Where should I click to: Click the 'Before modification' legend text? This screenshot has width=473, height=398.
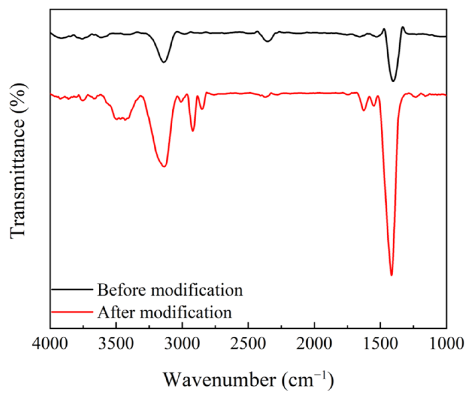(170, 290)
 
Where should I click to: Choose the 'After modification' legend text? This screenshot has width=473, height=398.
(165, 312)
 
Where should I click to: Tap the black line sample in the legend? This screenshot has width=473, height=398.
(72, 290)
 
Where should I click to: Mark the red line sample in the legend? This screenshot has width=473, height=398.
(72, 312)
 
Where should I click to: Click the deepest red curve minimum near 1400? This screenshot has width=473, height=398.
(391, 275)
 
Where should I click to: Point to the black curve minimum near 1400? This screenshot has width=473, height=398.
(393, 81)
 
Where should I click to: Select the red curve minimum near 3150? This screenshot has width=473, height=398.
(164, 166)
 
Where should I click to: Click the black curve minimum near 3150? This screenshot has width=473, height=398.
(164, 62)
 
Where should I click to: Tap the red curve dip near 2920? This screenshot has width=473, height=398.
(193, 131)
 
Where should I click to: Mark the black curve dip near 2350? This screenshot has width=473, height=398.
(268, 42)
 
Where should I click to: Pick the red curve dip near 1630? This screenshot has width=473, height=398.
(363, 110)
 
